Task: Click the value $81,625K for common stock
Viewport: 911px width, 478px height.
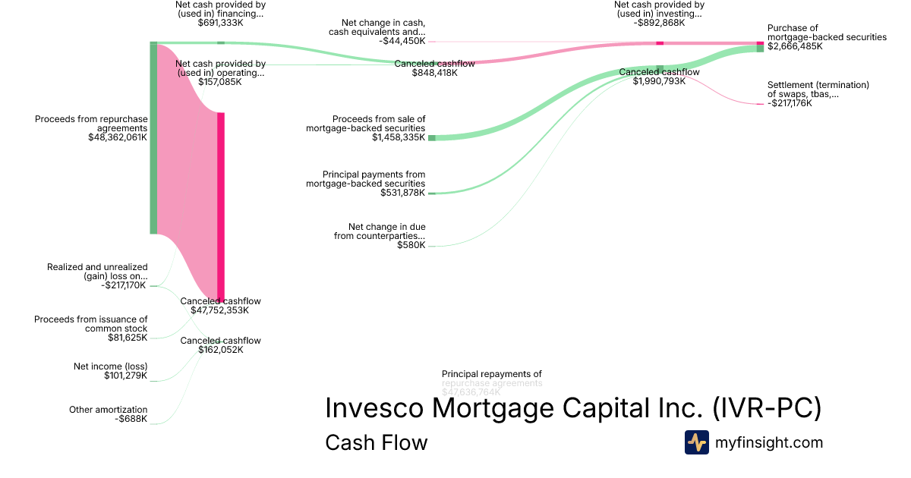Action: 128,338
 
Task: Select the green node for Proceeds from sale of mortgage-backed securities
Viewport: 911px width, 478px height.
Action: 432,137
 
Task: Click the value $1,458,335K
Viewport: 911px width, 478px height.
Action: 399,137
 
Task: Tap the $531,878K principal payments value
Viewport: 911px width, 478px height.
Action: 402,193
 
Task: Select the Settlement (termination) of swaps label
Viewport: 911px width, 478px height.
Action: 818,90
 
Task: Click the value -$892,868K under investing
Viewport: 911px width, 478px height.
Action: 659,23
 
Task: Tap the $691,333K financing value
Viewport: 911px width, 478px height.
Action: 220,23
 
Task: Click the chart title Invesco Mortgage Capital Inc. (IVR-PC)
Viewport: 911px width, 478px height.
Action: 573,407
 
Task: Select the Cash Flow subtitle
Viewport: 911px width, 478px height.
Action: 376,442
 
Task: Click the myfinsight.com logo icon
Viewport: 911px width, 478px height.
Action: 696,442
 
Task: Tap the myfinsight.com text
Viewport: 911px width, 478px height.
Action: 769,442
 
